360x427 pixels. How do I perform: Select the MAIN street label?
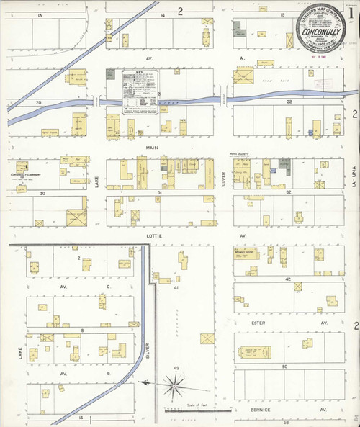coord(153,147)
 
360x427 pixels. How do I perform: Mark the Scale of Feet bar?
coord(194,413)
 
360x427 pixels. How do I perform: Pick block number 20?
coord(40,102)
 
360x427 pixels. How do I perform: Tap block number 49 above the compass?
coord(176,369)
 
